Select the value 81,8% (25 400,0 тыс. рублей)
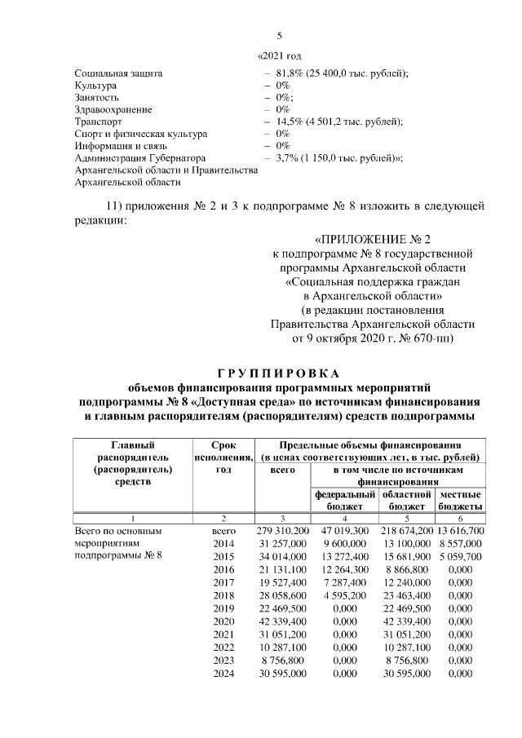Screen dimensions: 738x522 pyautogui.click(x=342, y=73)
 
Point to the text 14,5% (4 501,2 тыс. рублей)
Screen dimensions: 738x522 pyautogui.click(x=338, y=121)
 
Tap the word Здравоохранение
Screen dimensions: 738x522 pyautogui.click(x=113, y=108)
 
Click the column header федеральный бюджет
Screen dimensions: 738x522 pyautogui.click(x=343, y=501)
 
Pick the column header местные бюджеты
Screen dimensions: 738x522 pyautogui.click(x=460, y=501)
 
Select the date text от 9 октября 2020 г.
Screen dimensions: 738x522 pyautogui.click(x=342, y=337)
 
